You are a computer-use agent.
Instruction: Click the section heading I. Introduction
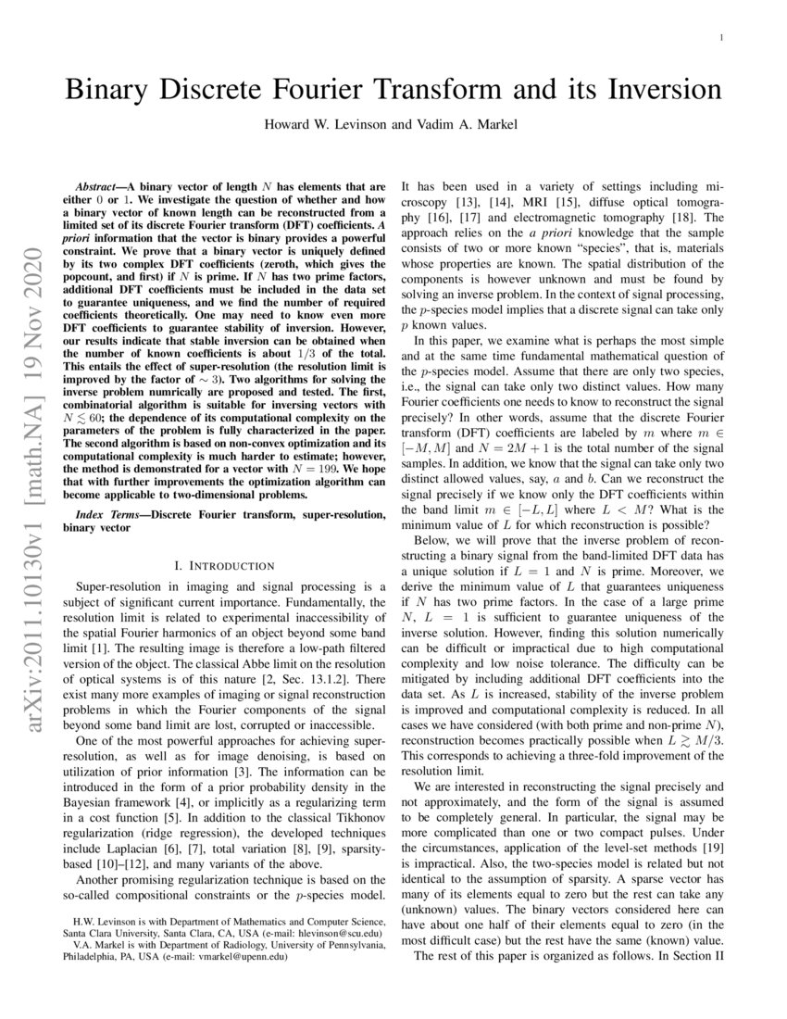224,564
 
